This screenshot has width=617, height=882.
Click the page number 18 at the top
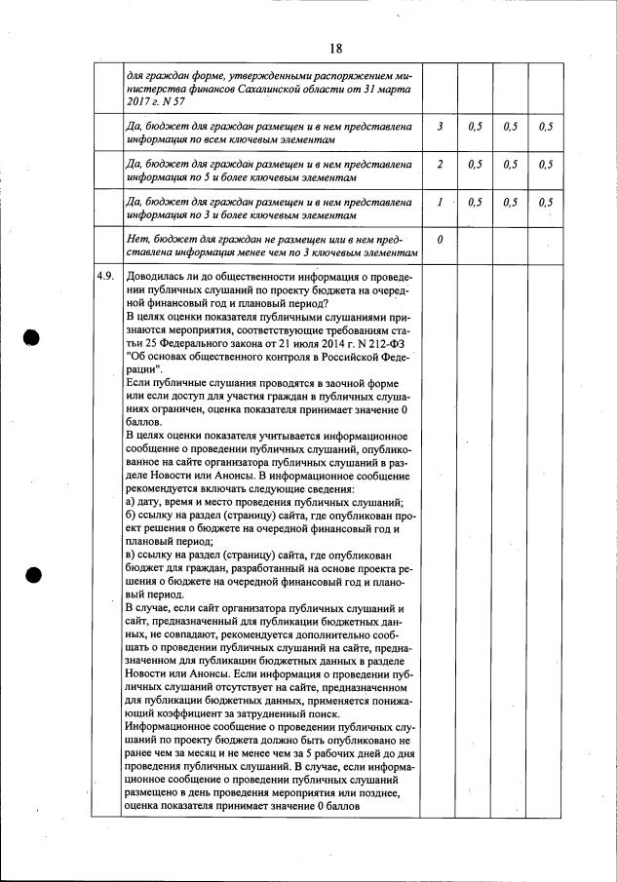click(x=336, y=48)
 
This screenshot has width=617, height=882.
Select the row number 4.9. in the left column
click(x=105, y=276)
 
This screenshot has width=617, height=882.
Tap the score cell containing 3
click(x=441, y=127)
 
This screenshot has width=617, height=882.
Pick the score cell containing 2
click(x=441, y=165)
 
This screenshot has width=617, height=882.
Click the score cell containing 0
click(x=441, y=239)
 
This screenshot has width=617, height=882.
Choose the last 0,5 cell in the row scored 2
click(x=545, y=165)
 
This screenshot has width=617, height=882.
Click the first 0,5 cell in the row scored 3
click(x=476, y=127)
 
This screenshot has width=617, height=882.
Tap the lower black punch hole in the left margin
click(x=32, y=574)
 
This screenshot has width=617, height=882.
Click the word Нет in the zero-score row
click(x=138, y=239)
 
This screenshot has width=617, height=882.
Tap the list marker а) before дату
click(x=133, y=501)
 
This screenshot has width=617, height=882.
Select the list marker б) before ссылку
click(x=133, y=515)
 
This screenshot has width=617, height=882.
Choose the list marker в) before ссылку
click(x=133, y=556)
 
